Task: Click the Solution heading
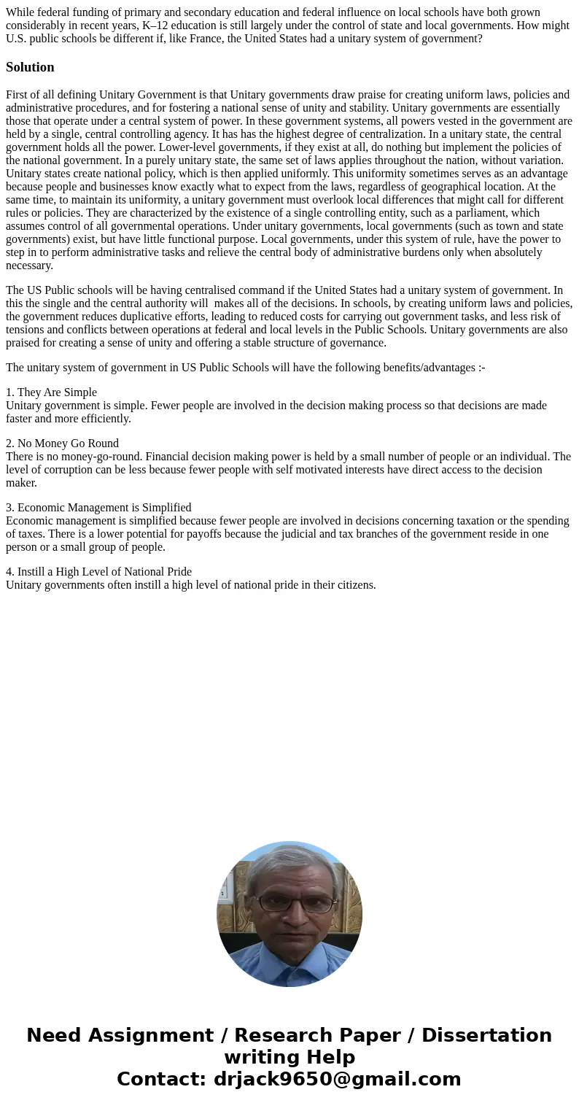pyautogui.click(x=30, y=67)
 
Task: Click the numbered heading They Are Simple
pyautogui.click(x=57, y=392)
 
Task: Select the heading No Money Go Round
pyautogui.click(x=68, y=444)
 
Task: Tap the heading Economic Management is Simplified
pyautogui.click(x=104, y=508)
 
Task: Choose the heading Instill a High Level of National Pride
pyautogui.click(x=104, y=572)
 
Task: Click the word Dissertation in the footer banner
pyautogui.click(x=486, y=1036)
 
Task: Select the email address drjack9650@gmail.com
pyautogui.click(x=337, y=1080)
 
